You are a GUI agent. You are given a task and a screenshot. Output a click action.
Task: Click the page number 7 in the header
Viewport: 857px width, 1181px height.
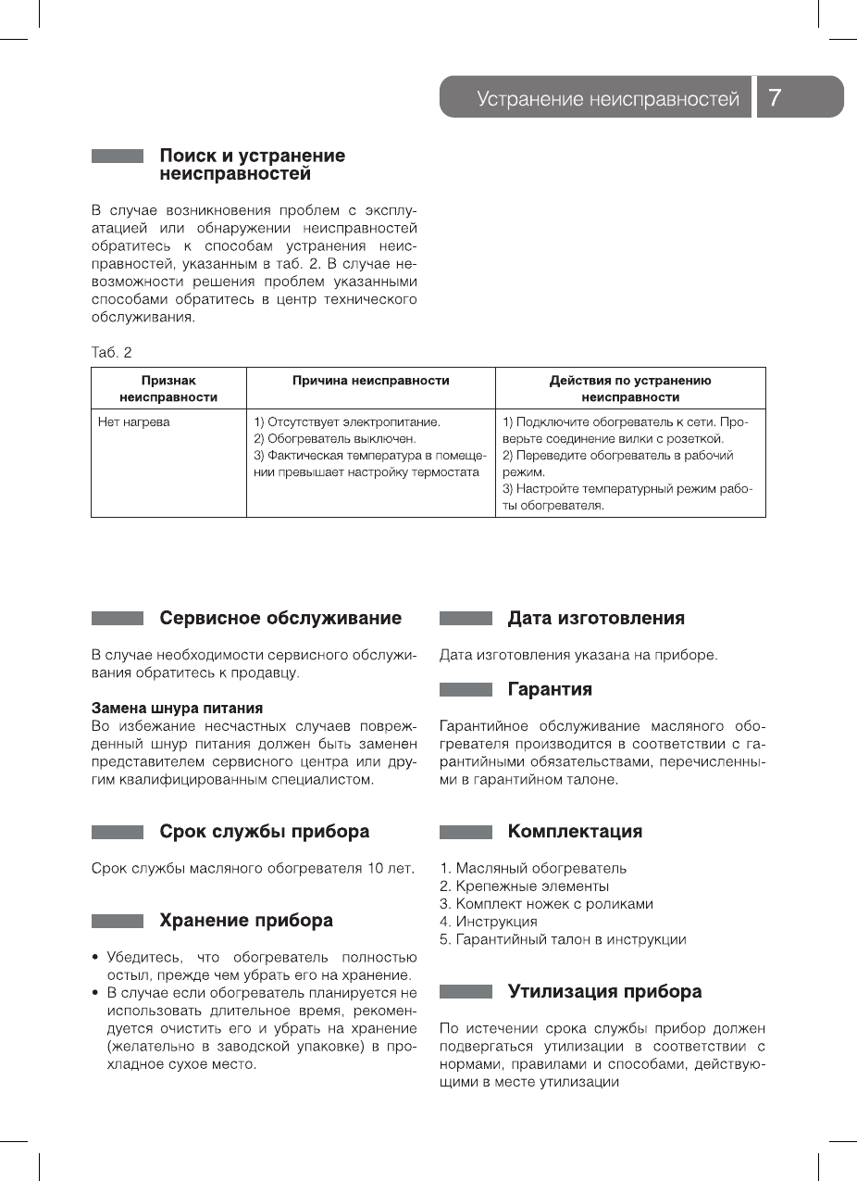776,98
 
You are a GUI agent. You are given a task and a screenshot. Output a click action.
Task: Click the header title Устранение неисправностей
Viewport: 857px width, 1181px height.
608,99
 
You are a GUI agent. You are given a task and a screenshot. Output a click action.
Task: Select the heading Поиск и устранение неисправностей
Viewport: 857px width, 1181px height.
252,165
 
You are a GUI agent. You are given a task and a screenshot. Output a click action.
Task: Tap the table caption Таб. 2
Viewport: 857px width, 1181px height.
111,353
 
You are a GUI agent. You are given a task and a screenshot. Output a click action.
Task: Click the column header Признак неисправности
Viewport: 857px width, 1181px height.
168,388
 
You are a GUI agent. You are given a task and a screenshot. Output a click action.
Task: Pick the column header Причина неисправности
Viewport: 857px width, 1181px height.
370,381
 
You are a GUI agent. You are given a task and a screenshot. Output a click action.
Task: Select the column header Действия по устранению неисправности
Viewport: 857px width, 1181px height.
630,388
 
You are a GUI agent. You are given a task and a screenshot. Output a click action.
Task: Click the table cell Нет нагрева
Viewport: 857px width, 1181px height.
134,422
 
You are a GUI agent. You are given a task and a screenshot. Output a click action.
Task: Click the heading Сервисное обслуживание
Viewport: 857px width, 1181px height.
280,618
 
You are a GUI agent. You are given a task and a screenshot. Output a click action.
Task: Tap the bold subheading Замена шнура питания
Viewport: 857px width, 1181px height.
177,709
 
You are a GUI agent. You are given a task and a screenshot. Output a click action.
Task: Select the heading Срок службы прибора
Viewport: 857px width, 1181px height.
264,832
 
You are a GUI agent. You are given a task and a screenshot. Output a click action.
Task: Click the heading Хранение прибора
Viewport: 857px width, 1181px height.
246,921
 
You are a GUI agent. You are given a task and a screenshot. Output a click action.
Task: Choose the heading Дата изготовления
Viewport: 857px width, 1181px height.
596,618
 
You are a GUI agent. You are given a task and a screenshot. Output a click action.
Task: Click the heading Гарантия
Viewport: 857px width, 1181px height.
550,689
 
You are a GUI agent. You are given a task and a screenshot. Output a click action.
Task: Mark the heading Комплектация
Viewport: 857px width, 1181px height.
575,832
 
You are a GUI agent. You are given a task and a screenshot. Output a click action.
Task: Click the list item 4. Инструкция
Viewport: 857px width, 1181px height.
489,922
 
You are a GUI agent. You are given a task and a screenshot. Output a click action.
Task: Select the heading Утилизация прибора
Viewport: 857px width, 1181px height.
604,992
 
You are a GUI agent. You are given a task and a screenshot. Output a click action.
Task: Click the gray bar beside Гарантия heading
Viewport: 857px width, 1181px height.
466,690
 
